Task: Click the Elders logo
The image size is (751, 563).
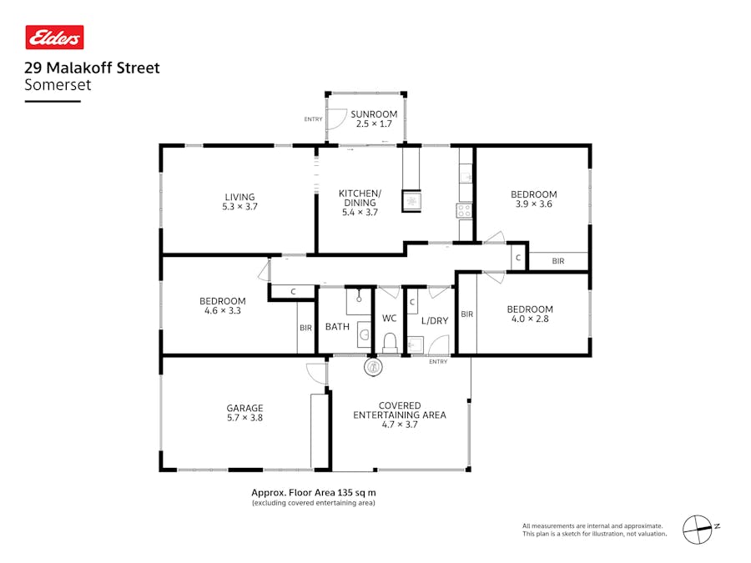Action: pos(54,38)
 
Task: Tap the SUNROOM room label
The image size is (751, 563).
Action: pos(373,114)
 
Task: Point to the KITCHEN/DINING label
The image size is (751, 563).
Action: pos(360,198)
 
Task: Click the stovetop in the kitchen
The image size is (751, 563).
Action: pos(464,211)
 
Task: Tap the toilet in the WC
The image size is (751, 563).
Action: pos(389,342)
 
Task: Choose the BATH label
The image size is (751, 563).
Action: pos(337,327)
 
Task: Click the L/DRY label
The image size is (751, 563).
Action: pos(434,320)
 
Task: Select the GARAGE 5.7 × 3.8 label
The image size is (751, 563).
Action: pos(244,414)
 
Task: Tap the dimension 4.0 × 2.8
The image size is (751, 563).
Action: pos(530,319)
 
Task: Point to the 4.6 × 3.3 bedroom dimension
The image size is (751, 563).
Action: pos(222,311)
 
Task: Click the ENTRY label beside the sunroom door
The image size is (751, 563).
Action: pos(313,119)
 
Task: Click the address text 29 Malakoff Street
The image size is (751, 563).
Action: pos(92,68)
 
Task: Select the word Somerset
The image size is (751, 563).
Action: pos(58,85)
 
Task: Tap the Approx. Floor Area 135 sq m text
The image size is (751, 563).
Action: pos(313,492)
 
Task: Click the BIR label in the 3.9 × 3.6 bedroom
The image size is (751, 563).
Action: pos(557,261)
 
